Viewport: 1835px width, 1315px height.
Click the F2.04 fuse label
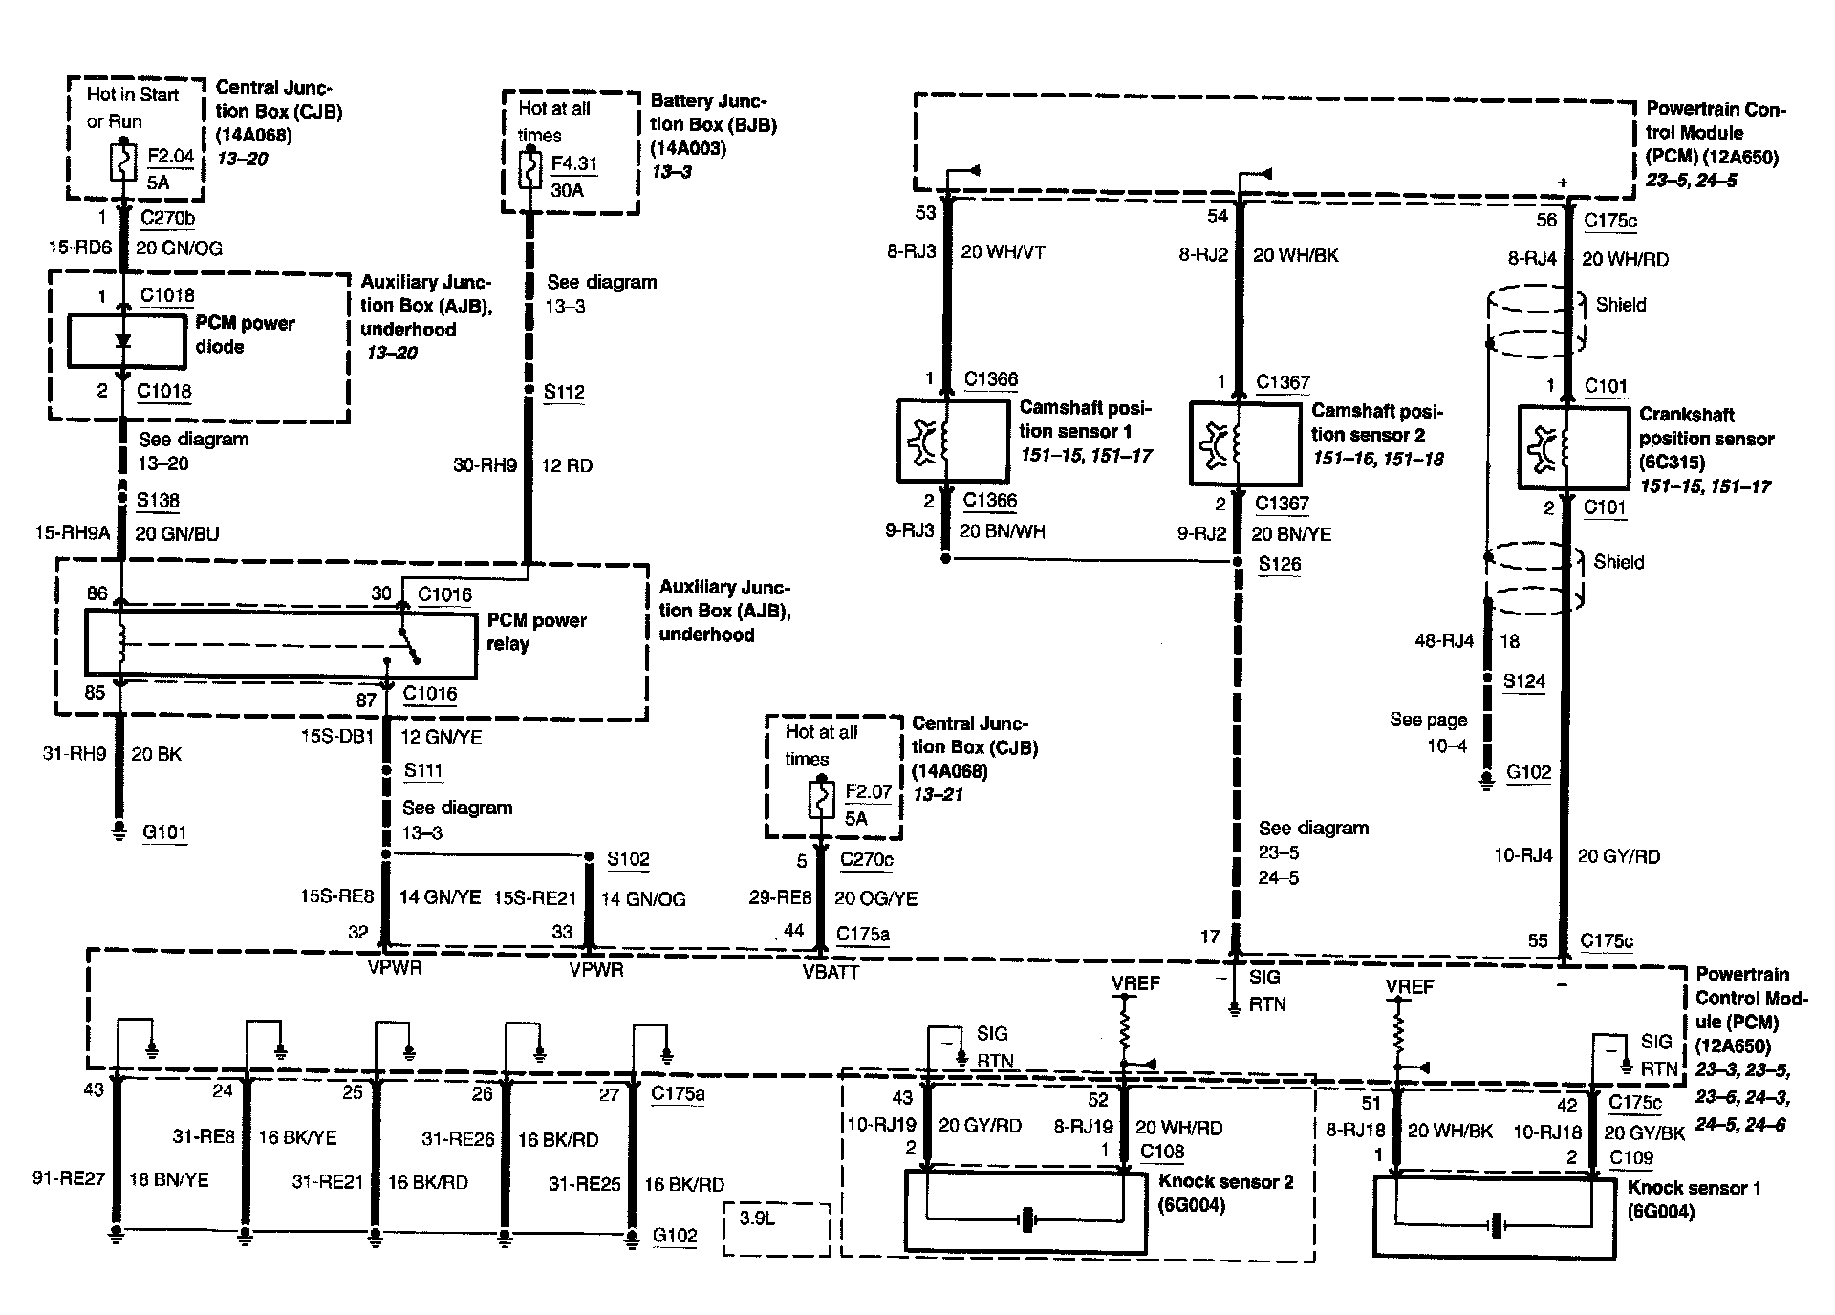click(x=171, y=156)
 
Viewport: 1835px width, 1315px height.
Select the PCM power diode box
click(x=126, y=341)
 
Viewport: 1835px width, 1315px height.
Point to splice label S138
click(x=158, y=500)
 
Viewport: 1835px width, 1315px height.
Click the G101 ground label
click(x=164, y=831)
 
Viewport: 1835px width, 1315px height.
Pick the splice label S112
click(x=564, y=392)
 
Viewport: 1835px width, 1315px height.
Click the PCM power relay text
click(x=536, y=632)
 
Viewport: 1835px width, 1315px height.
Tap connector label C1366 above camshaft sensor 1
click(x=991, y=379)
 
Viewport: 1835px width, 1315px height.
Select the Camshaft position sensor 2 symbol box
click(x=1244, y=442)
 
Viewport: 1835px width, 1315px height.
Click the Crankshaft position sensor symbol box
click(x=1572, y=447)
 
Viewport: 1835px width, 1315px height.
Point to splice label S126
click(x=1280, y=564)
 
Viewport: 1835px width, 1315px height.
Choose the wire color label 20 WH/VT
click(x=1003, y=252)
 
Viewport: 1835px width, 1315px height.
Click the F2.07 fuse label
click(x=868, y=792)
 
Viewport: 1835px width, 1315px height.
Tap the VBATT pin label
click(x=831, y=972)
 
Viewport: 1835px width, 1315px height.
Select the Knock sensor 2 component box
click(x=1025, y=1212)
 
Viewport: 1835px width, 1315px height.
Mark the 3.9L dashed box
click(x=776, y=1228)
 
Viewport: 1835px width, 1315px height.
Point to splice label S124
click(x=1523, y=681)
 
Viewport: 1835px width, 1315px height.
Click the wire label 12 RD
click(x=567, y=465)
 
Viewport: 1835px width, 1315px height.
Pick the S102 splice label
click(x=628, y=858)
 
